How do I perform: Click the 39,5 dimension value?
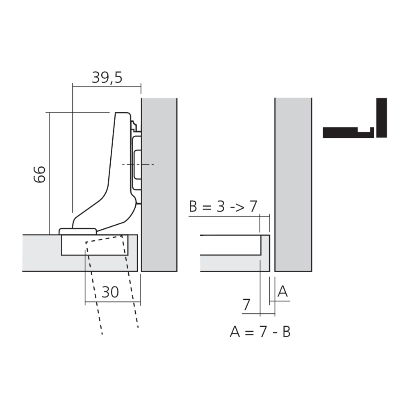(x=107, y=77)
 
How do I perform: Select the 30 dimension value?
(x=110, y=292)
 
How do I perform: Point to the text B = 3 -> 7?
(x=223, y=206)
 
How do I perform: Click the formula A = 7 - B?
(x=260, y=332)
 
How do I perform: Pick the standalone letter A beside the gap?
(x=282, y=292)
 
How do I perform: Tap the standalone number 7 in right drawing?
(x=246, y=305)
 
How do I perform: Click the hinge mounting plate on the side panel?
(x=137, y=164)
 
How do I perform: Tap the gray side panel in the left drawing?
(x=159, y=184)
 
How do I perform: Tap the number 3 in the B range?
(x=221, y=206)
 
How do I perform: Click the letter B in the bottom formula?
(x=286, y=332)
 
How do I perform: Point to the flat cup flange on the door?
(x=78, y=232)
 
